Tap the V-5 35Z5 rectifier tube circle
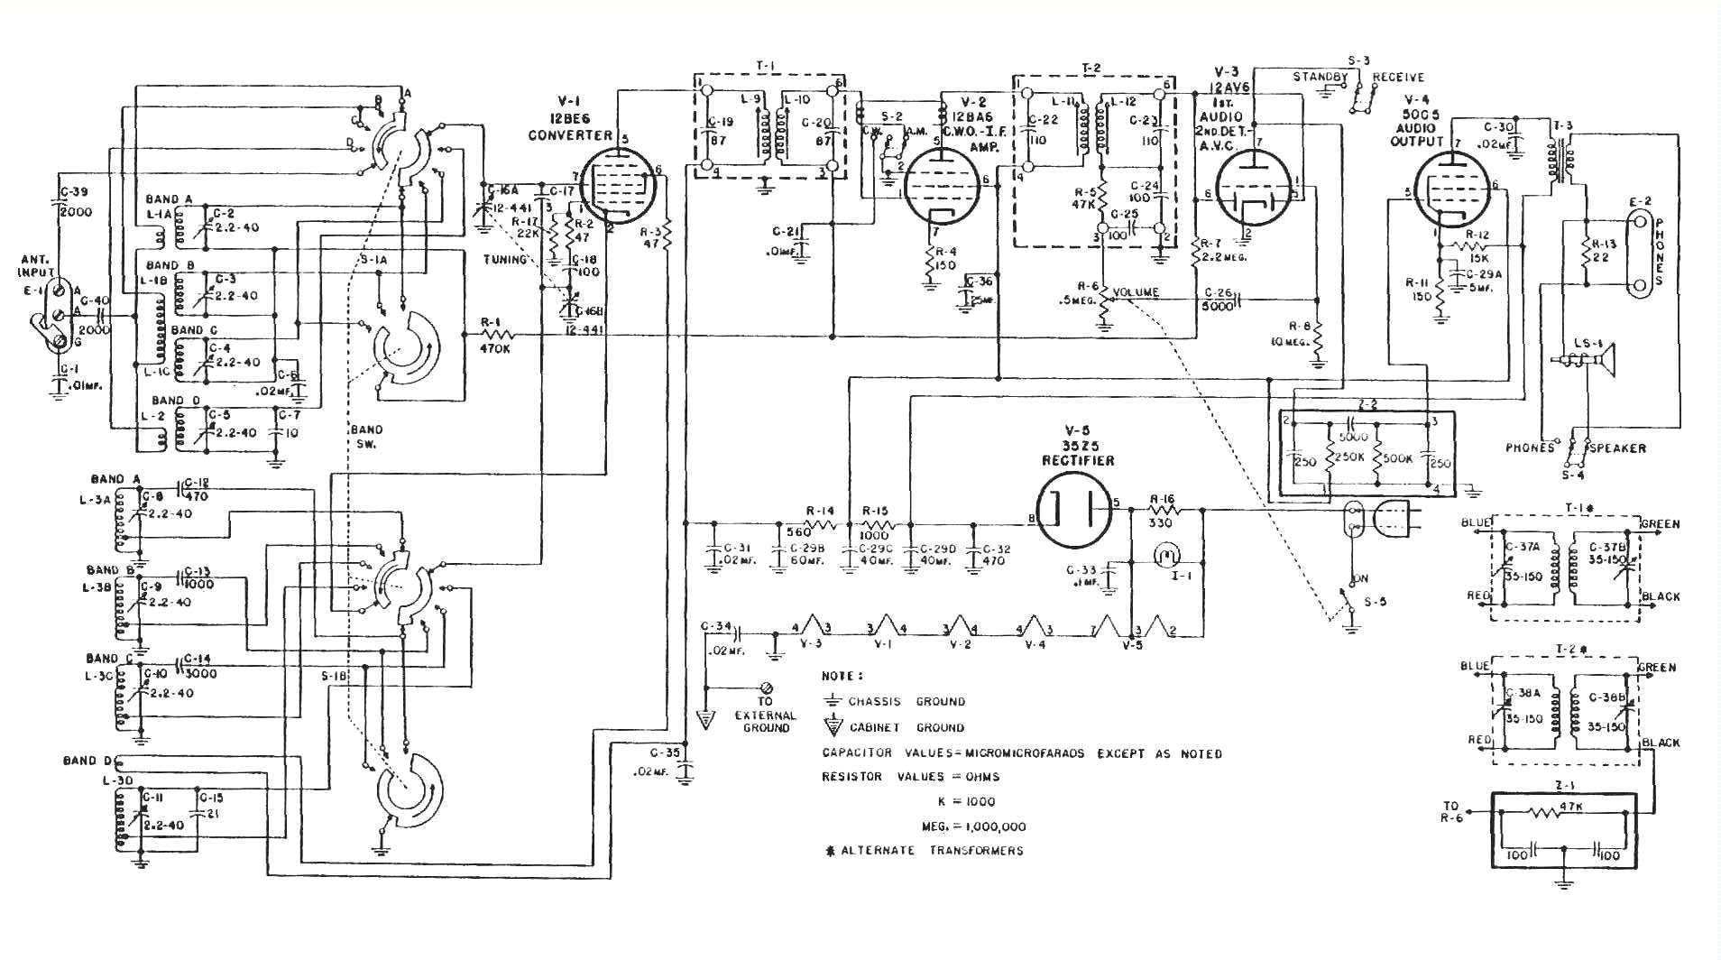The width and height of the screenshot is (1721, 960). pos(1073,511)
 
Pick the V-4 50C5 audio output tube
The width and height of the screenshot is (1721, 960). pos(1453,190)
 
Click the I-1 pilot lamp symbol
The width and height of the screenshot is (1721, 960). pos(1166,554)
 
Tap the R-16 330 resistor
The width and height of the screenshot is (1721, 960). pos(1162,510)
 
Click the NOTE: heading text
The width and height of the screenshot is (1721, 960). pos(842,676)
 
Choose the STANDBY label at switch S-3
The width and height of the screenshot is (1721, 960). pos(1320,78)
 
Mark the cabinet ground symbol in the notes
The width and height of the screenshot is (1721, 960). pos(833,726)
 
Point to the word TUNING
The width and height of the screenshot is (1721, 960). pos(505,260)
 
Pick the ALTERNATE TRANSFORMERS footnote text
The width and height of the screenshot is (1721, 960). pos(930,851)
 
